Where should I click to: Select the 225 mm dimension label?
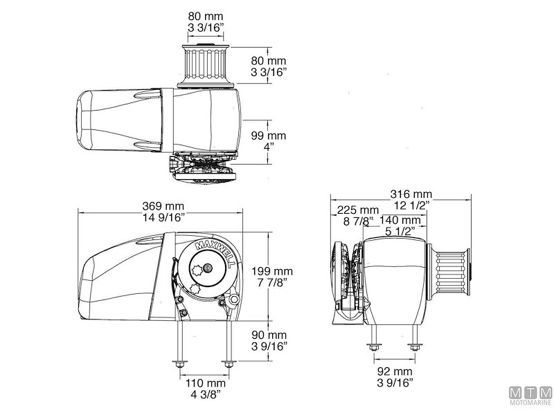click(358, 210)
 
